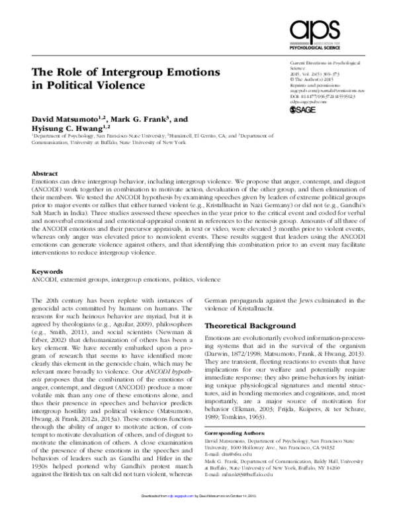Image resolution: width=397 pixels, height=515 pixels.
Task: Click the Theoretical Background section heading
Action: [248, 326]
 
